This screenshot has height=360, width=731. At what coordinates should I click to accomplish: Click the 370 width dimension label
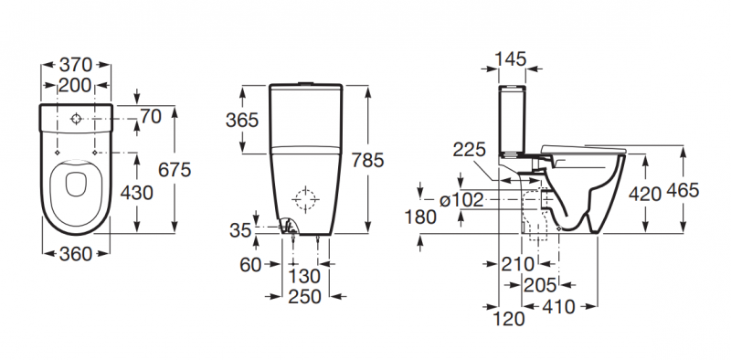point(76,64)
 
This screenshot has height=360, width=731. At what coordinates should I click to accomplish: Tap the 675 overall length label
point(175,170)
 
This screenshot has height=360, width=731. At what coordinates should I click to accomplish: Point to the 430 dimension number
point(136,193)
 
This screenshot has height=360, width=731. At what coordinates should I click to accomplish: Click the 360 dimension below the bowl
point(76,254)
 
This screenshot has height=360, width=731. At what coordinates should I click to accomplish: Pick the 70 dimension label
point(151,117)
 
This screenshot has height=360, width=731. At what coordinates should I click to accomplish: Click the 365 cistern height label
point(242,121)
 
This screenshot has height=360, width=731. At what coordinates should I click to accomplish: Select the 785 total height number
point(367,160)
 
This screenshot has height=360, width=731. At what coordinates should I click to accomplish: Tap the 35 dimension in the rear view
point(240,230)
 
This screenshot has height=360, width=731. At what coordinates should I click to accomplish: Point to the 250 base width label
point(305,297)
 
